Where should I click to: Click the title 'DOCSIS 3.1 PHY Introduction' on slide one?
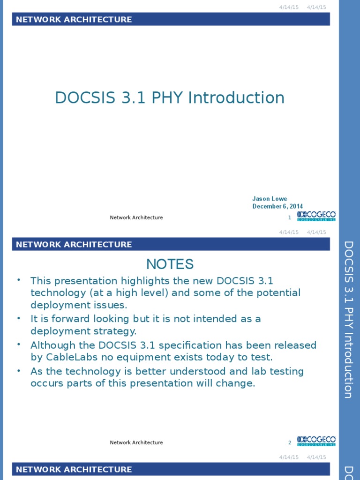(x=170, y=97)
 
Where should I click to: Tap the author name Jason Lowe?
(x=270, y=199)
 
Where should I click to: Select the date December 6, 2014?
(x=277, y=206)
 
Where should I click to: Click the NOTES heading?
(x=170, y=264)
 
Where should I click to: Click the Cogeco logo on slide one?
(x=316, y=216)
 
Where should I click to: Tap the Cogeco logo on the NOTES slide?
(x=316, y=441)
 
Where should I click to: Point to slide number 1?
(x=290, y=217)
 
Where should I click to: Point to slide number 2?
(x=290, y=442)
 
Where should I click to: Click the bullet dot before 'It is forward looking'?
(x=19, y=318)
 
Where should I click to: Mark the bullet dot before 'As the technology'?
(x=19, y=370)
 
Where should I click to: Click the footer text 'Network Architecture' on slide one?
(x=136, y=217)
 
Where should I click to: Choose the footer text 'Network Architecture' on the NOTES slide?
(x=136, y=442)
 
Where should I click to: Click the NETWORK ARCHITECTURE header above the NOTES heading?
(x=74, y=244)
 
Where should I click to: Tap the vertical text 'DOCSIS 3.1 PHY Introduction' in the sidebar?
(x=348, y=319)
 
